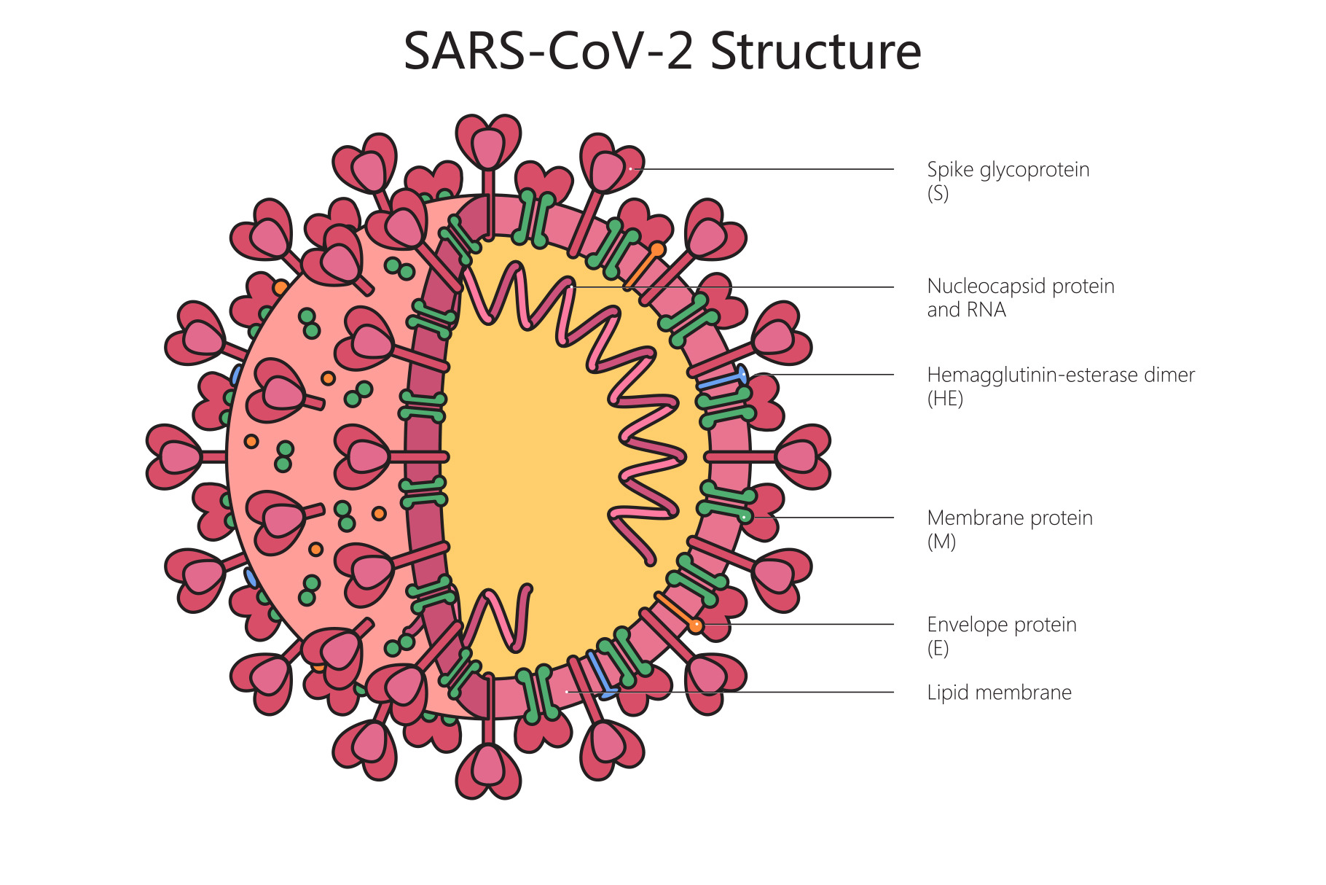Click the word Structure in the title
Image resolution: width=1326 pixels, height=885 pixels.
coord(815,52)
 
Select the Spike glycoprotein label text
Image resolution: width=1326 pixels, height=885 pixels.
coord(1008,170)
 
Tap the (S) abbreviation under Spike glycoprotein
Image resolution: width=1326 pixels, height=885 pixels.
coord(938,193)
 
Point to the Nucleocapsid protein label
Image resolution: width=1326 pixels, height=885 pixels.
coord(1020,286)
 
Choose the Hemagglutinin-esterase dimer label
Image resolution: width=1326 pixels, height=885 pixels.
coord(1060,375)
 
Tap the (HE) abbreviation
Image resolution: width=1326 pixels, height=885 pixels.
coord(945,399)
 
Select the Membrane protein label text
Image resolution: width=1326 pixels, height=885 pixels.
coord(1009,518)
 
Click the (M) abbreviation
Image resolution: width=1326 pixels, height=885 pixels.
coord(941,542)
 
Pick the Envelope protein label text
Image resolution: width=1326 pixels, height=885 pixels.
coord(1001,625)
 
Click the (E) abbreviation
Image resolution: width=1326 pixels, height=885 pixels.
coord(938,648)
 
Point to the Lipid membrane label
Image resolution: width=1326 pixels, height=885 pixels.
coord(999,693)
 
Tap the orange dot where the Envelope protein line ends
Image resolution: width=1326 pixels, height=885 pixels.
coord(696,625)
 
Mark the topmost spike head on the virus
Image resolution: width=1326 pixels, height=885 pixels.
coord(488,142)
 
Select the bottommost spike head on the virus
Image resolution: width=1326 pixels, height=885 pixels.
coord(488,769)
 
